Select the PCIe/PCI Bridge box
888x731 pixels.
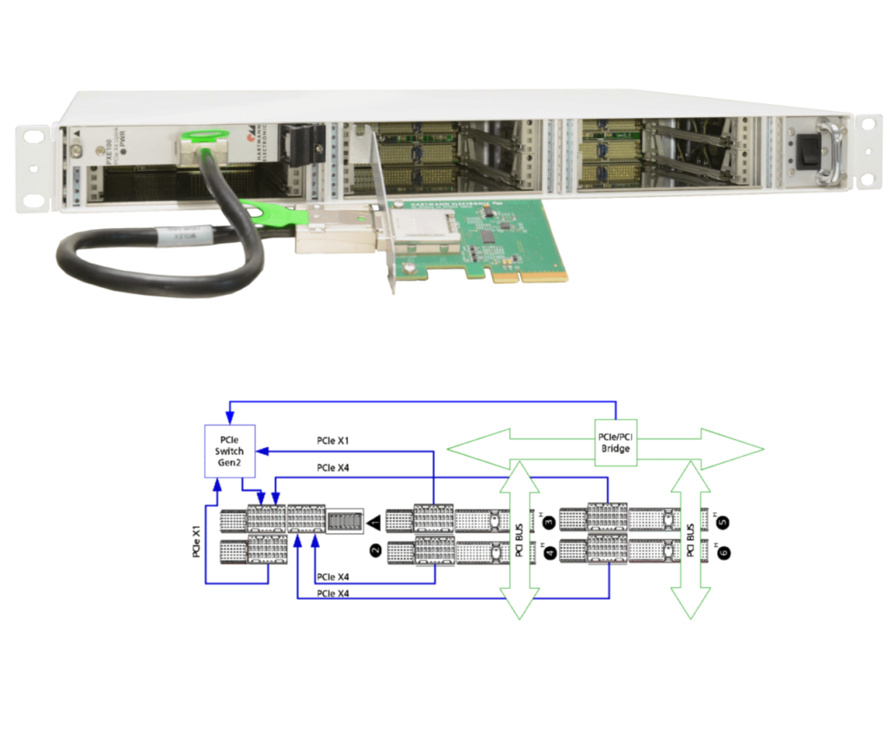pyautogui.click(x=616, y=442)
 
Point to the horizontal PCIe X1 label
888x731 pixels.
pyautogui.click(x=334, y=442)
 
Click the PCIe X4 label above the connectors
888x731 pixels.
pyautogui.click(x=334, y=468)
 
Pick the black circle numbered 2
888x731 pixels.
pyautogui.click(x=375, y=549)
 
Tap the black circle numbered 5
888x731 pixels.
pyautogui.click(x=722, y=521)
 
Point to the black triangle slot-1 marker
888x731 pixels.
pyautogui.click(x=375, y=522)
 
